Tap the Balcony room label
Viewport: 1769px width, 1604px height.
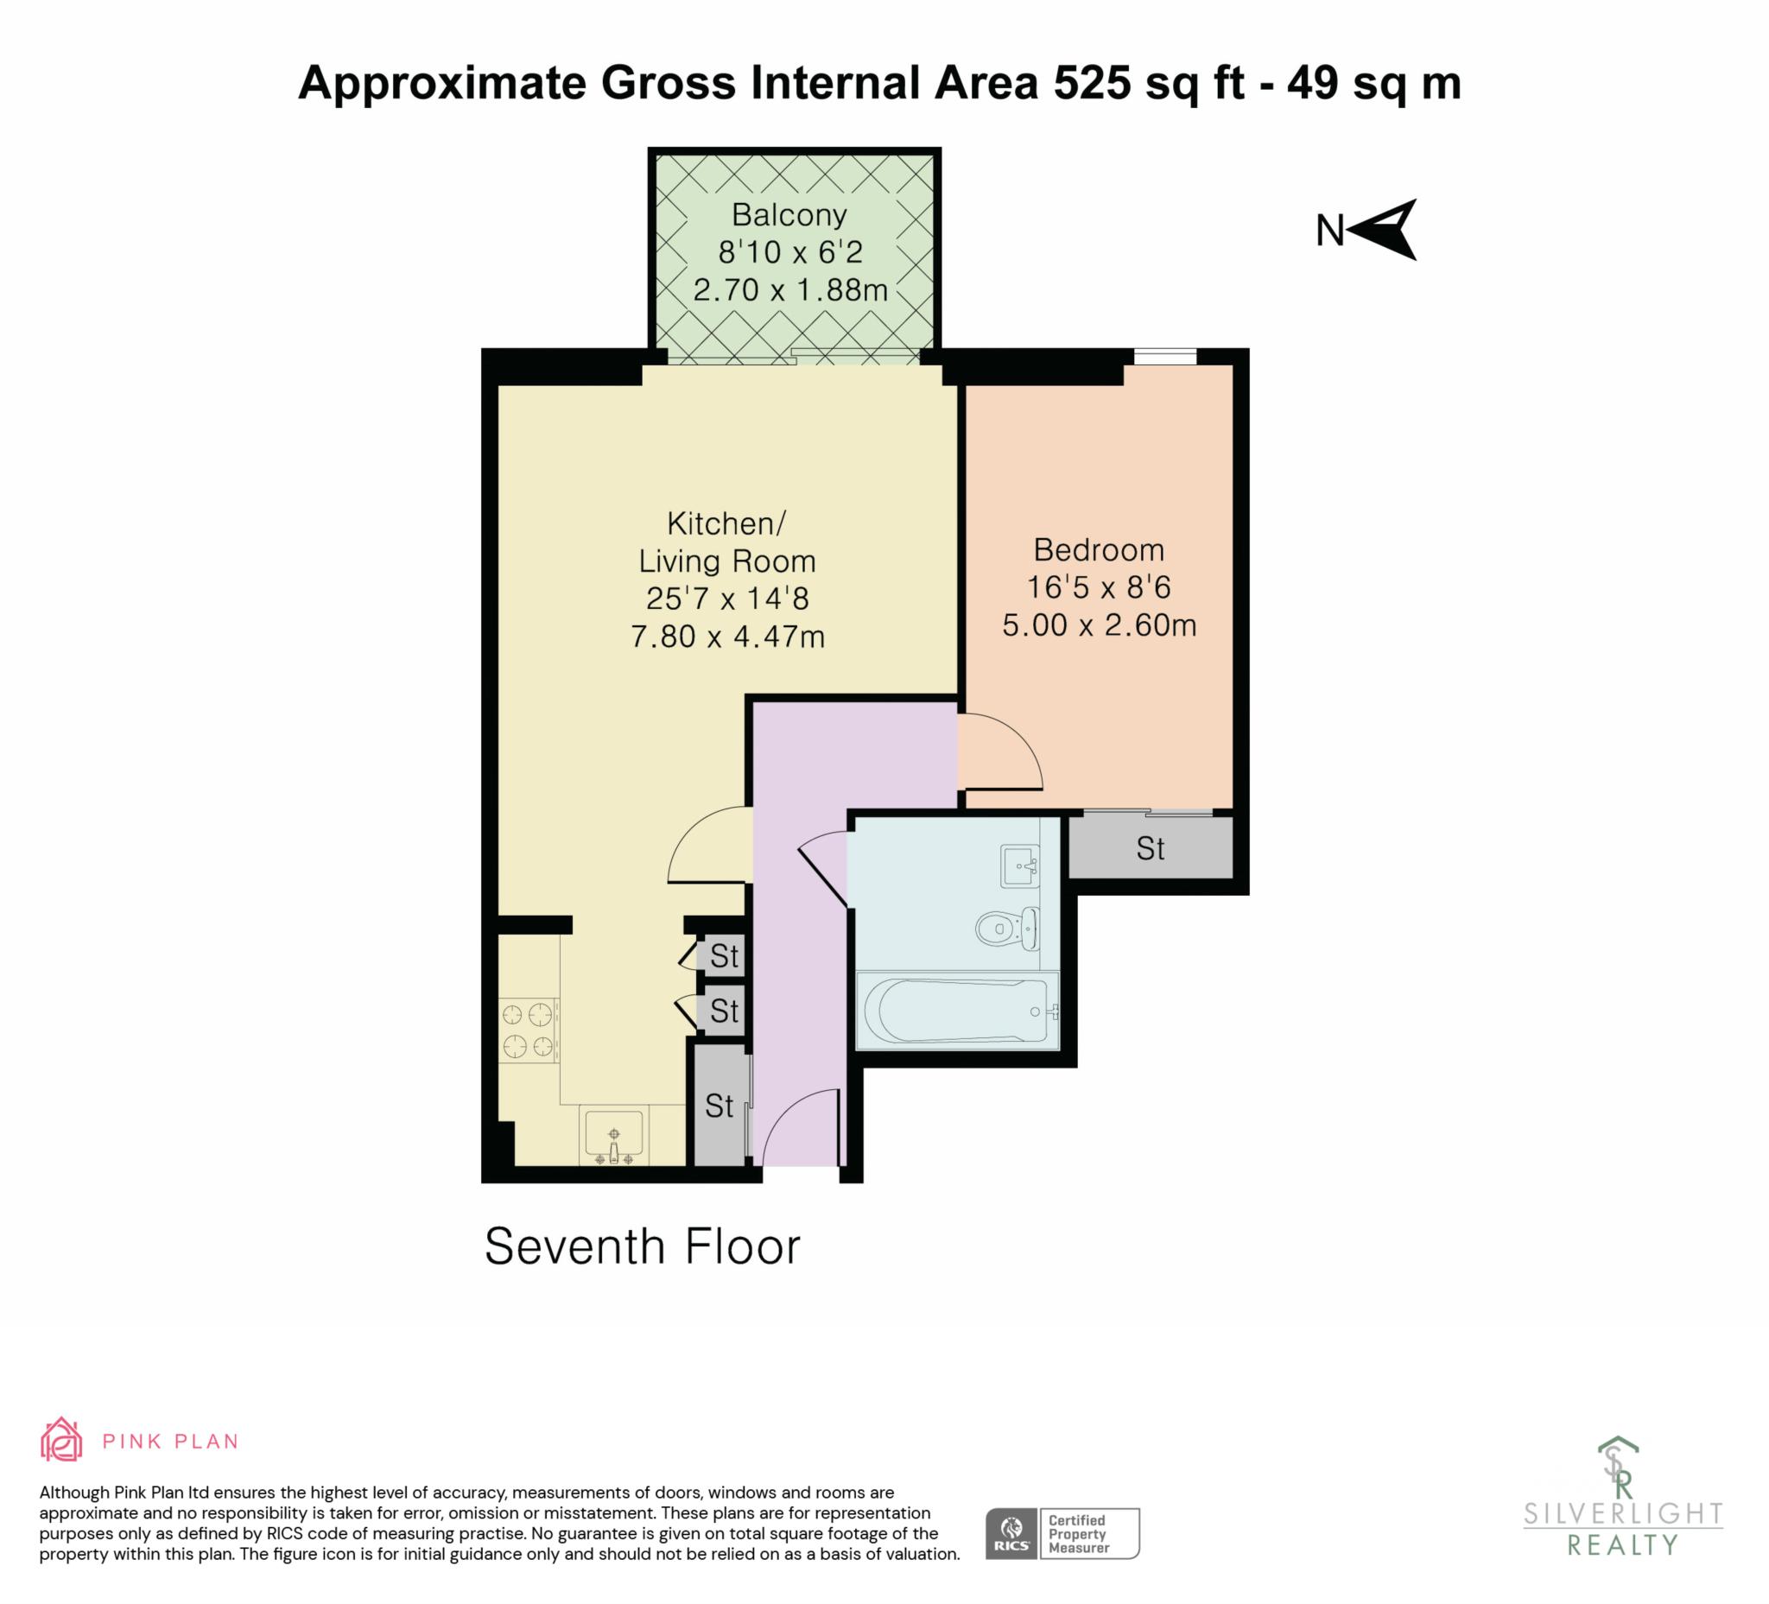click(x=789, y=215)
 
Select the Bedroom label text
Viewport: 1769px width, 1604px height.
click(x=1099, y=550)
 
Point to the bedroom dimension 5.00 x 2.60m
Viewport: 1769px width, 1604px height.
click(x=1100, y=625)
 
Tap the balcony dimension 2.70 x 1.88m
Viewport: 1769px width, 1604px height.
click(x=790, y=289)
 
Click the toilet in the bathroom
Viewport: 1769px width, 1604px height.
click(x=1007, y=928)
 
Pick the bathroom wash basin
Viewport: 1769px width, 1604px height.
click(x=1019, y=866)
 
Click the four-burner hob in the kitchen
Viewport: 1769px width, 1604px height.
click(x=529, y=1031)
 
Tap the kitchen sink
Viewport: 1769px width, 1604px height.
click(x=613, y=1138)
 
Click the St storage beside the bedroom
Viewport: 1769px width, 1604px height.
click(x=1151, y=847)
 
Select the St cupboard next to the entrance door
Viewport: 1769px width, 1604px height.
click(x=720, y=1105)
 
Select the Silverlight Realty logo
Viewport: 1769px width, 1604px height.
click(x=1622, y=1507)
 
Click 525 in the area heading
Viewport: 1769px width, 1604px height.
click(x=1092, y=84)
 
